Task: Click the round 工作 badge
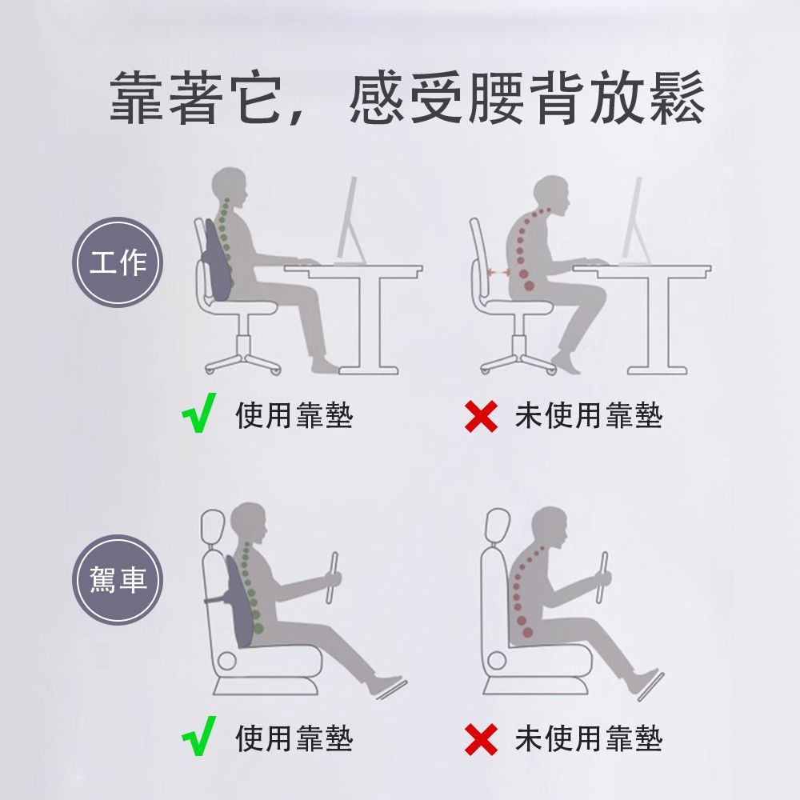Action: pos(118,262)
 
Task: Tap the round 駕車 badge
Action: pos(118,579)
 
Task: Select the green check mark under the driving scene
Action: pos(198,736)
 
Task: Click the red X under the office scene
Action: pos(481,416)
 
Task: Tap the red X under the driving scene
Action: pos(481,739)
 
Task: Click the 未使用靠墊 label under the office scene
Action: pos(589,415)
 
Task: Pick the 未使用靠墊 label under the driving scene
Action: pos(589,738)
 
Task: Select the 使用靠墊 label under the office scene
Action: pos(294,415)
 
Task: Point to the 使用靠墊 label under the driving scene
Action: pos(294,738)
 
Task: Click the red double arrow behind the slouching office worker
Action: pos(499,274)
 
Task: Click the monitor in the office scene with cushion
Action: pos(350,221)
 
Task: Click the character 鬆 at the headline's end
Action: pos(677,98)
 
